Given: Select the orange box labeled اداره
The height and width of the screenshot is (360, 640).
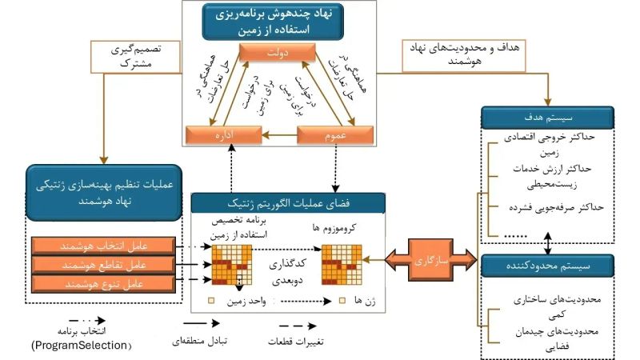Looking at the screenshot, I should point(218,136).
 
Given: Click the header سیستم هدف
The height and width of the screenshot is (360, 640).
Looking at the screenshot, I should point(546,118).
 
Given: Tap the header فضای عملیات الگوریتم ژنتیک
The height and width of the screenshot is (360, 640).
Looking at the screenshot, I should point(286,203).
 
